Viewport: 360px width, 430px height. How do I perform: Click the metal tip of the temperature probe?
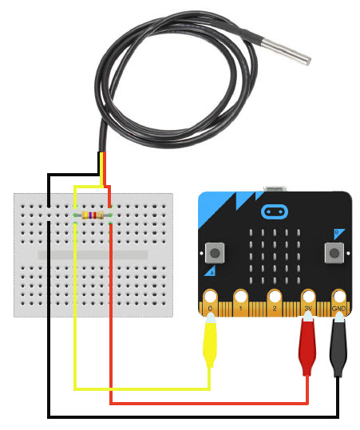click(286, 52)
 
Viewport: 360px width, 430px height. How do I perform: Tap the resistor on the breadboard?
click(93, 215)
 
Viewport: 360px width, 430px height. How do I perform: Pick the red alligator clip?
click(307, 345)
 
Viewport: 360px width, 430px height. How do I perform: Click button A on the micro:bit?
click(215, 252)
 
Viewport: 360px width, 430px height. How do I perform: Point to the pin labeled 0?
click(210, 302)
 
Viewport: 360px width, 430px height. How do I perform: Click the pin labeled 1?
click(240, 302)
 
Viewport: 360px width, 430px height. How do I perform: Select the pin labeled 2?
click(275, 302)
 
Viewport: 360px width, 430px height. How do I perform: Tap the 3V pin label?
click(308, 309)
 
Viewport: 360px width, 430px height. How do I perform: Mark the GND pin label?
click(338, 309)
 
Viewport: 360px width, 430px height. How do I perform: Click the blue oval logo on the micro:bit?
click(275, 211)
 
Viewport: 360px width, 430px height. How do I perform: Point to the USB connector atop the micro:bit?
click(275, 188)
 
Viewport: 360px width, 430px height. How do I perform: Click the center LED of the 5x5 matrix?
click(275, 256)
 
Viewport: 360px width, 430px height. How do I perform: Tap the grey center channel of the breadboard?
click(93, 254)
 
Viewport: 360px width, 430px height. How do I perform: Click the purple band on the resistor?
click(90, 215)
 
